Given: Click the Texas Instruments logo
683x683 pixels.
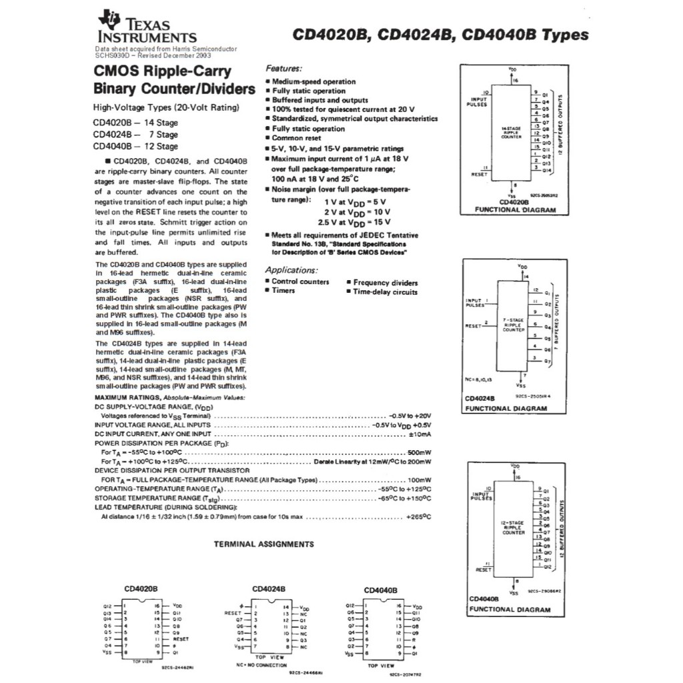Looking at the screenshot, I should coord(147,28).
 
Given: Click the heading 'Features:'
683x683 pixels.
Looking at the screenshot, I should coord(283,69).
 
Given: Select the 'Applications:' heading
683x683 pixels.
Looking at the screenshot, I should coord(291,270).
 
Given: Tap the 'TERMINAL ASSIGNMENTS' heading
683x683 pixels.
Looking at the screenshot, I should coord(263,544).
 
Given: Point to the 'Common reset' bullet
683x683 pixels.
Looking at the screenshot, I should coord(296,138).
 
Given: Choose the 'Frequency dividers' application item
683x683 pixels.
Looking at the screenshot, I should coord(385,283).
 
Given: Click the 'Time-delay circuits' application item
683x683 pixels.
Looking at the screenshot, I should coord(385,292).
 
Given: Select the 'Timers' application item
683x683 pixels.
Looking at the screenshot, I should coord(283,291).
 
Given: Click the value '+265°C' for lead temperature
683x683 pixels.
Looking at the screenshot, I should coord(418,517).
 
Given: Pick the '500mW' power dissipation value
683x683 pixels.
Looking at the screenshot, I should coord(420,452).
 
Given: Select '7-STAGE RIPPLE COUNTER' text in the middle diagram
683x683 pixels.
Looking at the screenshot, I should coord(513,325).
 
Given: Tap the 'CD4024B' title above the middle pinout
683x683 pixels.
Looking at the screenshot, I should coord(269,589).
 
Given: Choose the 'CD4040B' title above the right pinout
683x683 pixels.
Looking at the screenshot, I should coord(380,590).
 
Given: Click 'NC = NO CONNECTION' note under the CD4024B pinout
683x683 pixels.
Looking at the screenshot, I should coord(261,666).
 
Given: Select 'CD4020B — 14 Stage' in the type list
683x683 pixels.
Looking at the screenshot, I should coord(135,123).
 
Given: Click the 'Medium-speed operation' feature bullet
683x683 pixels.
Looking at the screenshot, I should coord(313,81).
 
